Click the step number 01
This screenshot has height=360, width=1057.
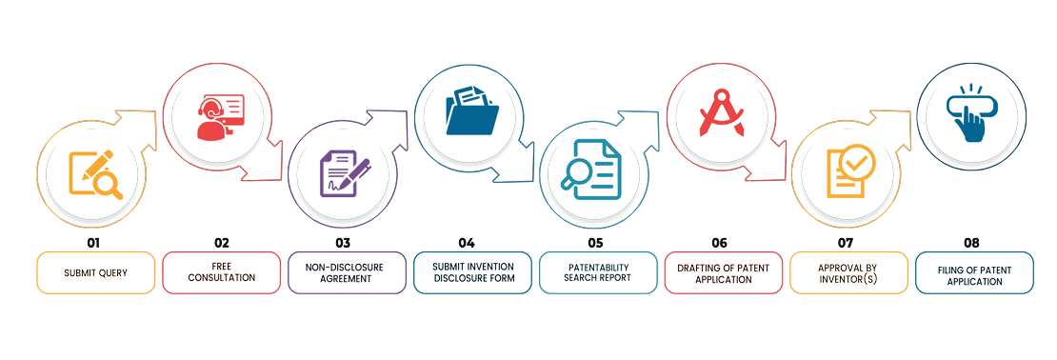[x=94, y=243]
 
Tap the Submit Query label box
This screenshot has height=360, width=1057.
[x=95, y=272]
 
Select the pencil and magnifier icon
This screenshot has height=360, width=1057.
[x=96, y=175]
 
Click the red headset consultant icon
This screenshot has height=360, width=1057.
[x=220, y=117]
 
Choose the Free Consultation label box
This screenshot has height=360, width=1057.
[x=221, y=272]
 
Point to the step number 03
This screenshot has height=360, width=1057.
[x=343, y=243]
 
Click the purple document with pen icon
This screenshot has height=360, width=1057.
[x=345, y=175]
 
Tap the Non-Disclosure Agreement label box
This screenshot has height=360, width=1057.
[x=346, y=272]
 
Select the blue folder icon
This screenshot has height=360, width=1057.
[x=470, y=115]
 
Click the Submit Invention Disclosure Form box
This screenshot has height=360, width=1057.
[x=472, y=272]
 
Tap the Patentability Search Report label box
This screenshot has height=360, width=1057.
[x=598, y=272]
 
